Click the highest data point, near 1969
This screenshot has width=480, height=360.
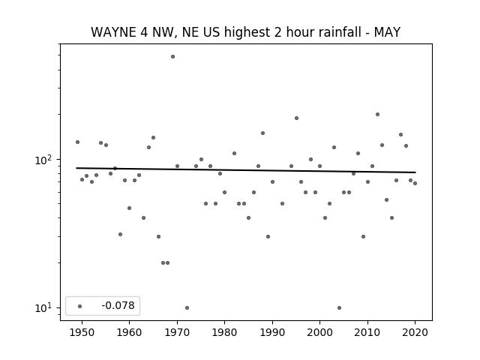pos(172,57)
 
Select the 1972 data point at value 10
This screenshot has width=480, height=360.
pos(187,307)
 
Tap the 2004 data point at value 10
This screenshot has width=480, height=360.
pos(339,307)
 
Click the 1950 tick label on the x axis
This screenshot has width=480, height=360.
pos(82,332)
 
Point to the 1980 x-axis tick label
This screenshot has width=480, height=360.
pos(224,332)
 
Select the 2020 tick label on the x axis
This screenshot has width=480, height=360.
pos(415,332)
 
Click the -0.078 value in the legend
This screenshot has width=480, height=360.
pos(118,305)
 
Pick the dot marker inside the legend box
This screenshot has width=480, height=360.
pos(80,306)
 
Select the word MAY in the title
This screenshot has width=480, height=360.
pos(387,32)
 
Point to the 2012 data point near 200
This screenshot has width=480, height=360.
pos(377,114)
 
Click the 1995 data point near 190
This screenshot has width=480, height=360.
pos(296,118)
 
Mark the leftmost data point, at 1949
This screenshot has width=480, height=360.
pos(77,142)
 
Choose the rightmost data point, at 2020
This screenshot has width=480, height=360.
pos(415,183)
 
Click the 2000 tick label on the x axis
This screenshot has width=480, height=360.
pos(319,332)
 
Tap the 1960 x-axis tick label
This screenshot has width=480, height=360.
pos(129,332)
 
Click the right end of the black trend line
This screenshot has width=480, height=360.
pos(415,172)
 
